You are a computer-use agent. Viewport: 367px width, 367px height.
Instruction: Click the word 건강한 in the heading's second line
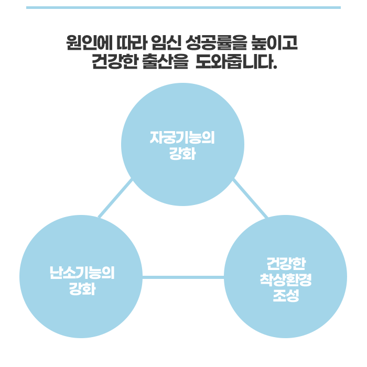pyautogui.click(x=114, y=63)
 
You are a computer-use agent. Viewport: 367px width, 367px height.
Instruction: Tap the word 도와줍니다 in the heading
pyautogui.click(x=233, y=63)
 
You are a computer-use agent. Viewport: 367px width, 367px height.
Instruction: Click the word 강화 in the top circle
pyautogui.click(x=182, y=154)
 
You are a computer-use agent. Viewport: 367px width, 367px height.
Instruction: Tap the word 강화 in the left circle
pyautogui.click(x=81, y=288)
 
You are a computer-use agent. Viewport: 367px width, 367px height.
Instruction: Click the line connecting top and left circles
pyautogui.click(x=115, y=199)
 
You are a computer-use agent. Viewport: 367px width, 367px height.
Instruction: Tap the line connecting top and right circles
pyautogui.click(x=250, y=198)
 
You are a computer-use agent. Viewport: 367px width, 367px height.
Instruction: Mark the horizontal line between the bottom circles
pyautogui.click(x=183, y=277)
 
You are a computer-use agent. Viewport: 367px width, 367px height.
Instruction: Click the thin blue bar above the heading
pyautogui.click(x=183, y=8)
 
